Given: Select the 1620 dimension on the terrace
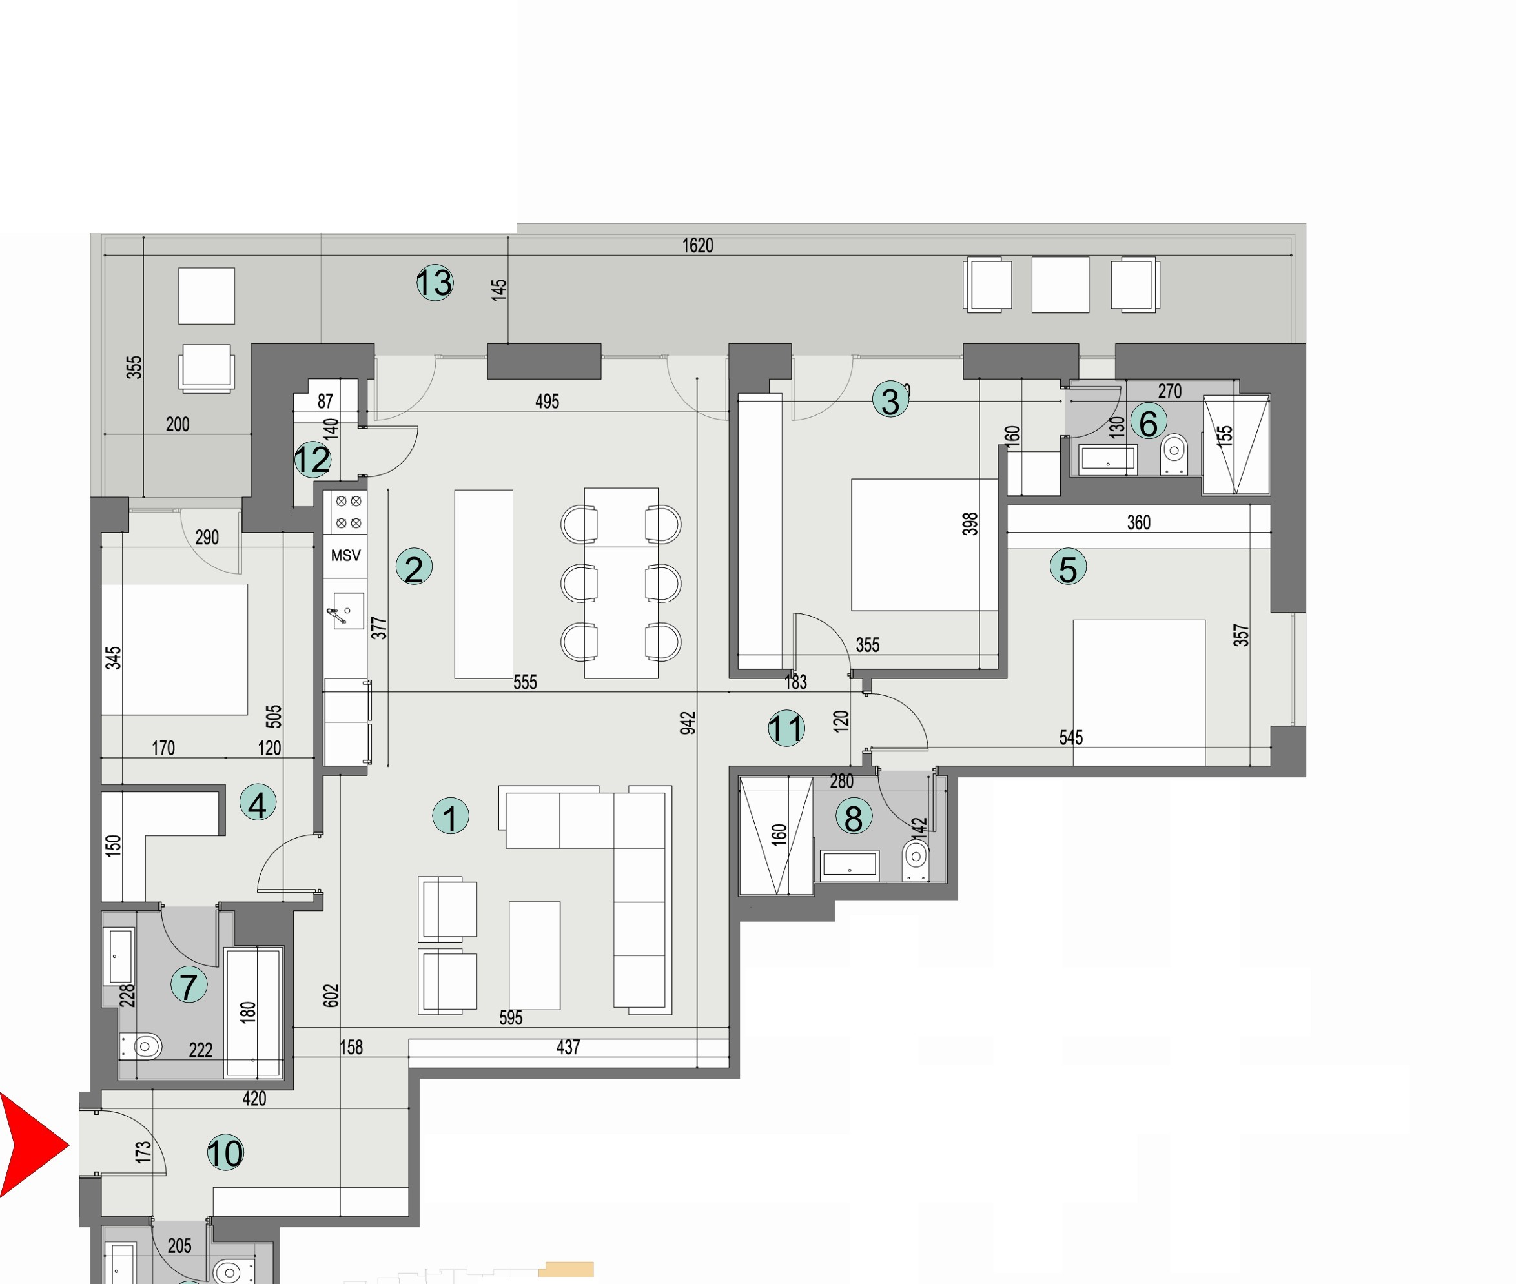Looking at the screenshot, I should tap(697, 245).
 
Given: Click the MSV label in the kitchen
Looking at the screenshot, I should tap(345, 555).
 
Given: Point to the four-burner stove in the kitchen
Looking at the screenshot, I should tap(348, 512).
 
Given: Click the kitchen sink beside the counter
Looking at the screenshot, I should tap(347, 611).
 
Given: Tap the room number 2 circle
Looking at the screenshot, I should tap(414, 567).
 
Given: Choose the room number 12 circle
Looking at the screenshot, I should tap(312, 459).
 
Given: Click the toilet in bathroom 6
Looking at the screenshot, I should tap(1173, 452).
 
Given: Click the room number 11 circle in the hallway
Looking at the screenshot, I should tap(786, 728).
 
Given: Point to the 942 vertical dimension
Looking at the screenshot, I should tap(688, 723).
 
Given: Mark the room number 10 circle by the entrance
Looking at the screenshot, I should tap(225, 1153).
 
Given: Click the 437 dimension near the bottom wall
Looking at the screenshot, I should tap(568, 1046).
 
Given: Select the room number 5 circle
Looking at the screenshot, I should tap(1067, 567).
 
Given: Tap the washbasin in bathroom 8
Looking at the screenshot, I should tap(849, 865).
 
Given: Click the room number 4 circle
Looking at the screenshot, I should tap(257, 804).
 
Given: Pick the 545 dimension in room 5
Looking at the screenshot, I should tap(1070, 737).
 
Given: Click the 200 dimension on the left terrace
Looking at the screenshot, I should tap(178, 423).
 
